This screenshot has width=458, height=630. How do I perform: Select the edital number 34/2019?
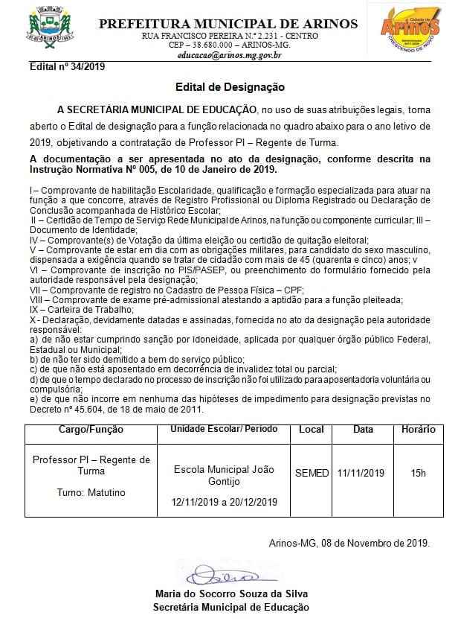click(68, 67)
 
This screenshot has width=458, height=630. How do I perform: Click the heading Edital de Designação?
click(230, 87)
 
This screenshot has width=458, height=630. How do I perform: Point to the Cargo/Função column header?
click(91, 430)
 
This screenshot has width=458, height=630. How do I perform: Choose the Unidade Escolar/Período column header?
click(224, 430)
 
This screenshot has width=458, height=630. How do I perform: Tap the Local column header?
click(312, 430)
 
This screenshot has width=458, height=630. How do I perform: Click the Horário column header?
click(418, 430)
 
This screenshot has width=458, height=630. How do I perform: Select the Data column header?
click(363, 430)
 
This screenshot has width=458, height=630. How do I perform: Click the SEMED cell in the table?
click(312, 473)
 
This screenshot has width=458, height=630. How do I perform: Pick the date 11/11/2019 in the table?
click(361, 473)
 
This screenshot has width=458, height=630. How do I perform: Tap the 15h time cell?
click(418, 473)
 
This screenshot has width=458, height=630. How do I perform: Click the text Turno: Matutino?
click(91, 493)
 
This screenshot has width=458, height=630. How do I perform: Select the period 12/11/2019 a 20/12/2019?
click(224, 502)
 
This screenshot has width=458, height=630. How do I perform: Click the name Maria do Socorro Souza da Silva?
click(231, 594)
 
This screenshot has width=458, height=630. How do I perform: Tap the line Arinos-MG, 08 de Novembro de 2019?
click(349, 542)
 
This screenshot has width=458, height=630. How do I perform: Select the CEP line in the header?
click(228, 45)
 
